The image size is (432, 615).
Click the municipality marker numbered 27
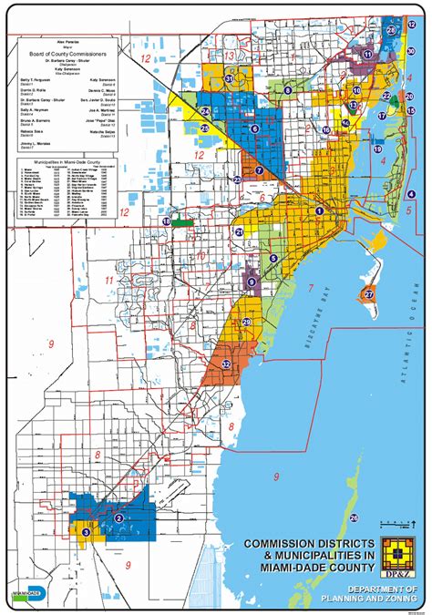tap(369, 294)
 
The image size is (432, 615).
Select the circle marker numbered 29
tap(246, 323)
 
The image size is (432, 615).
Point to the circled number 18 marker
tap(167, 221)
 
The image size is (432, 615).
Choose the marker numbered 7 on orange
tap(259, 169)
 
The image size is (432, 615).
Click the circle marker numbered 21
tap(239, 232)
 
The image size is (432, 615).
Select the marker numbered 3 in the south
tap(86, 531)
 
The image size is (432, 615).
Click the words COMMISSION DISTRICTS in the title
tap(305, 544)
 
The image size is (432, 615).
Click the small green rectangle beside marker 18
tap(182, 221)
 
